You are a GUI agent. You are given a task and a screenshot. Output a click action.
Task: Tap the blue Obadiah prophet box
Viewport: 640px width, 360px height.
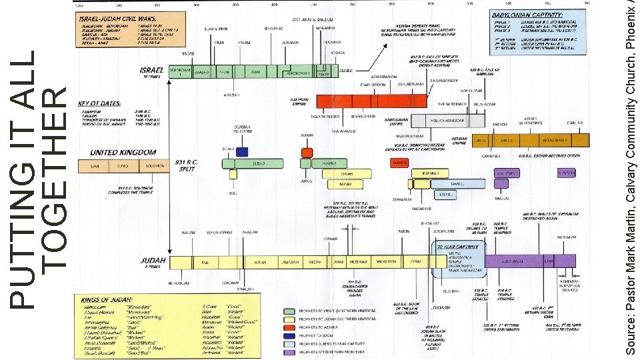[242, 151]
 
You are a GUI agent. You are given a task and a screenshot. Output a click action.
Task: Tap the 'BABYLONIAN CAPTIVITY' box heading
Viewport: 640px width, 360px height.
[527, 14]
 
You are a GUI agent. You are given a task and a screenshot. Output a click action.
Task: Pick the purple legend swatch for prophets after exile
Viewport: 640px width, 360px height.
[289, 352]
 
